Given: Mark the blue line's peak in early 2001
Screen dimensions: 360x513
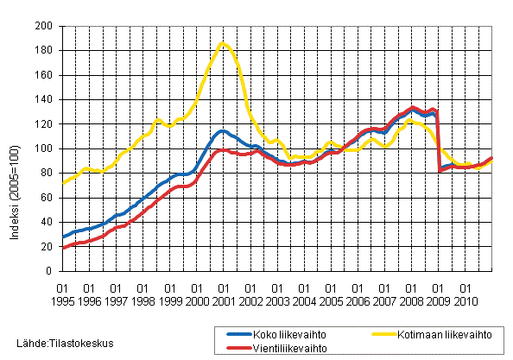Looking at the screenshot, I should coord(222,131).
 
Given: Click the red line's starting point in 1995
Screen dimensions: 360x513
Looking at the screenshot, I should coord(62,248).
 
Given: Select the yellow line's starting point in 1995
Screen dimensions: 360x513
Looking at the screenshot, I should coord(62,183).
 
